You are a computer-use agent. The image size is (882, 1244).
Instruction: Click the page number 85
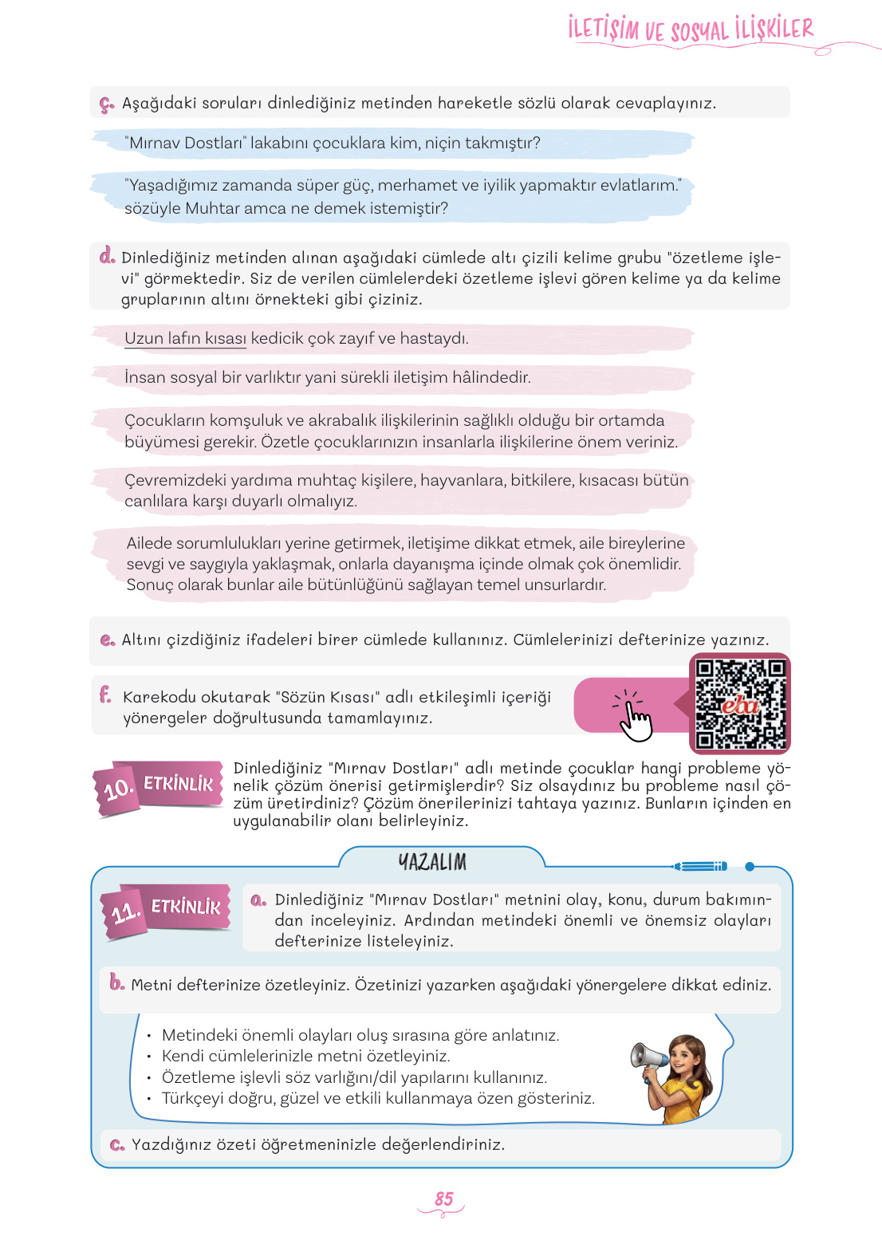(x=443, y=1199)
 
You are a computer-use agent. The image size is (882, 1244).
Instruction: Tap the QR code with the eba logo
(x=740, y=703)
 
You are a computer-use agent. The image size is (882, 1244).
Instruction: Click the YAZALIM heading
(x=432, y=862)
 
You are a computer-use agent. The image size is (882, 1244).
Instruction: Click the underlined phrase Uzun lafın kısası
(x=185, y=338)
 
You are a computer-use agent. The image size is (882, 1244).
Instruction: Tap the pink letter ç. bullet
(x=107, y=104)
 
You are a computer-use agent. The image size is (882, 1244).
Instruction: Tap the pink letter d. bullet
(x=107, y=256)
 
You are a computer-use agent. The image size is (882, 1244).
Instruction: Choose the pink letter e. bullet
(x=108, y=640)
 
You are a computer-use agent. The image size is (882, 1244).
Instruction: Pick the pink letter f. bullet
(x=105, y=695)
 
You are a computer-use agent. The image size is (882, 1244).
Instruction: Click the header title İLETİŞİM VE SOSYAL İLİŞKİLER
(x=691, y=30)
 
